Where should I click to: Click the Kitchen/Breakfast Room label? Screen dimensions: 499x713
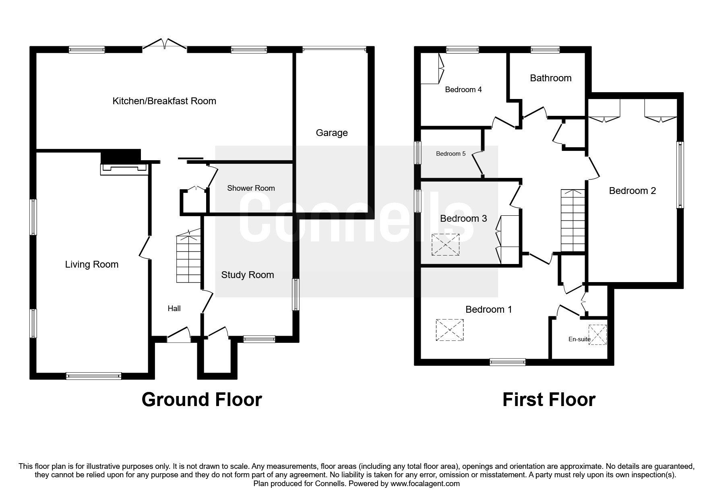(164, 101)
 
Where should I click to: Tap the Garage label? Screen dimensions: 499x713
(331, 133)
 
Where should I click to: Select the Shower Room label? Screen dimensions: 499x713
(251, 188)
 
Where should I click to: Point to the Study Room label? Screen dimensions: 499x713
(247, 275)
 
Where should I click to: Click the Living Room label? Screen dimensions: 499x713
(92, 264)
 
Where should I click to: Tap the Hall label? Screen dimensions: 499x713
(174, 309)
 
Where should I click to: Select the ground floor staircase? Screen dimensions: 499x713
(188, 258)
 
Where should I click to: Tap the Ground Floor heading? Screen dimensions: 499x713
(202, 400)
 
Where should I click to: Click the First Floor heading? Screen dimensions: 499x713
(549, 400)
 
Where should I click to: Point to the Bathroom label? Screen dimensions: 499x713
(550, 78)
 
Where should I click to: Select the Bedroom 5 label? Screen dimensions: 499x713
(451, 154)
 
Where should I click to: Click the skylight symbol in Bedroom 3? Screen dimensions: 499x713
(445, 244)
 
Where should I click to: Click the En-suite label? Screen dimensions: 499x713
(579, 339)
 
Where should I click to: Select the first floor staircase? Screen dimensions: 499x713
(572, 221)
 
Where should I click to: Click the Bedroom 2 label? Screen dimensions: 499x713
(632, 191)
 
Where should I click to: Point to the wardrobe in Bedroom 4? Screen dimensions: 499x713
(431, 68)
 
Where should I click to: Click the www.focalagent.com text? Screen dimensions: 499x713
(425, 484)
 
